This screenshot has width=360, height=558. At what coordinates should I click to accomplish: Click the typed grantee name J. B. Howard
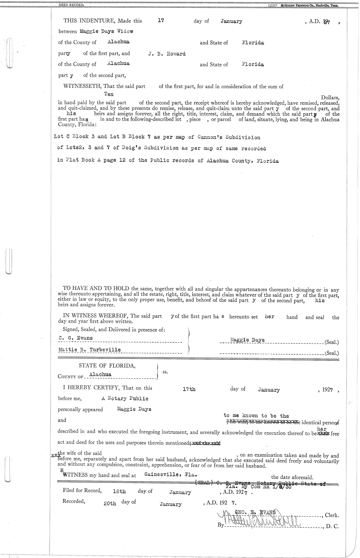(167, 54)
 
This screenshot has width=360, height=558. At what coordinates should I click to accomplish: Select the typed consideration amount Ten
(109, 94)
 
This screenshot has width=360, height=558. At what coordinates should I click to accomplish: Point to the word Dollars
(330, 97)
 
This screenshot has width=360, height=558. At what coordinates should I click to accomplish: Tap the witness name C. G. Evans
(76, 338)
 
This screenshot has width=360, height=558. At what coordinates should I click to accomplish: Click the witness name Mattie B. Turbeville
(89, 350)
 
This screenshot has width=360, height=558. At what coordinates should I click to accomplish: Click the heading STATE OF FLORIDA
(107, 365)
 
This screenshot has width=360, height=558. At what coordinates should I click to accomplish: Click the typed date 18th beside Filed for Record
(119, 492)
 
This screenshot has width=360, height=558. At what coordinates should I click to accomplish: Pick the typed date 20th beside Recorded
(109, 504)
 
